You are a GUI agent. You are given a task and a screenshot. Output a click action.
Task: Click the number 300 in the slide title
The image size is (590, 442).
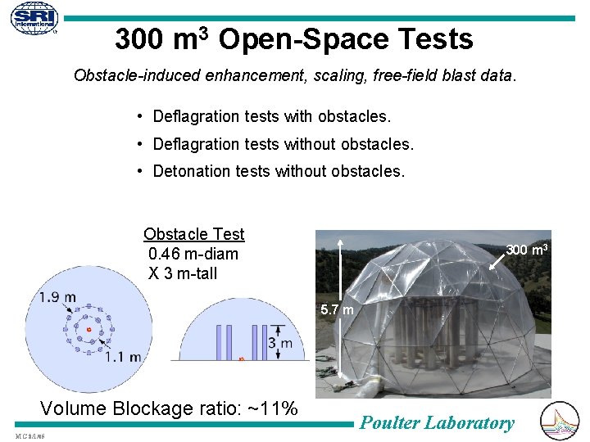click(142, 39)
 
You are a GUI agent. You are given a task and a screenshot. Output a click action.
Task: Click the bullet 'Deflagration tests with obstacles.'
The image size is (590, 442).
click(272, 116)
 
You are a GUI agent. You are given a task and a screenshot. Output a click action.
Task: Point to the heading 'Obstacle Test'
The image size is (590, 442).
click(194, 234)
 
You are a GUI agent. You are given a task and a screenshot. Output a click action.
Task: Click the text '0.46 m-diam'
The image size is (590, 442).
click(193, 254)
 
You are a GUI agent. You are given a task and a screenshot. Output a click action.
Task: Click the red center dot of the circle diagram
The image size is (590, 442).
click(88, 330)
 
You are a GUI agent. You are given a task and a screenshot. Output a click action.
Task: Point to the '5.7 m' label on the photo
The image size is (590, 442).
click(338, 310)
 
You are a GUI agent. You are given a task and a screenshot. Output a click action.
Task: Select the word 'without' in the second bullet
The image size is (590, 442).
click(311, 144)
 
